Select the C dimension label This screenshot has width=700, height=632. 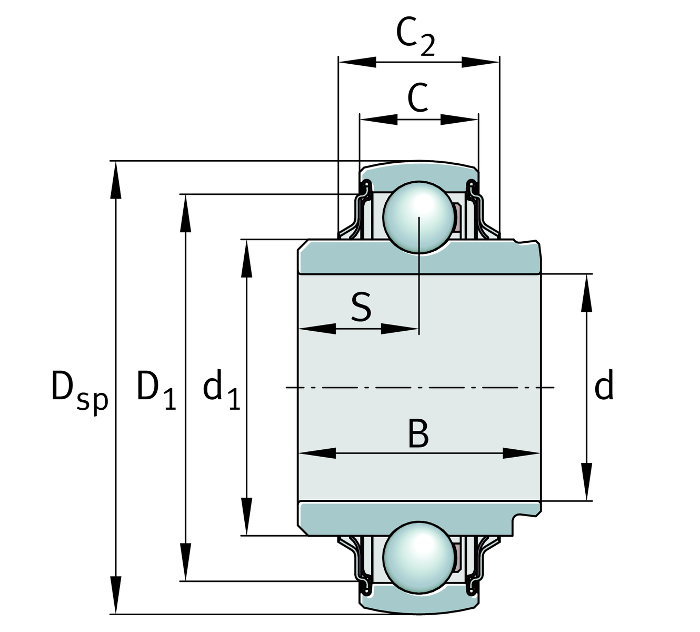(418, 98)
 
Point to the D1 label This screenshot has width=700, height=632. (155, 390)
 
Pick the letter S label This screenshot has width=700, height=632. (361, 308)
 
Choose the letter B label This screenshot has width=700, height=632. (418, 434)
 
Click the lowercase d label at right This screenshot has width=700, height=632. (604, 387)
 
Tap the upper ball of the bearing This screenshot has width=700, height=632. (419, 217)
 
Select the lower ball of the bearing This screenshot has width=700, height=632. (419, 558)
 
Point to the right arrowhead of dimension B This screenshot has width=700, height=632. (522, 453)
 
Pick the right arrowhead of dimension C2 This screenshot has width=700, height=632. (480, 62)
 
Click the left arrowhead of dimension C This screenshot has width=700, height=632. (378, 120)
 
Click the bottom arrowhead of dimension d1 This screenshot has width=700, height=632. (246, 516)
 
